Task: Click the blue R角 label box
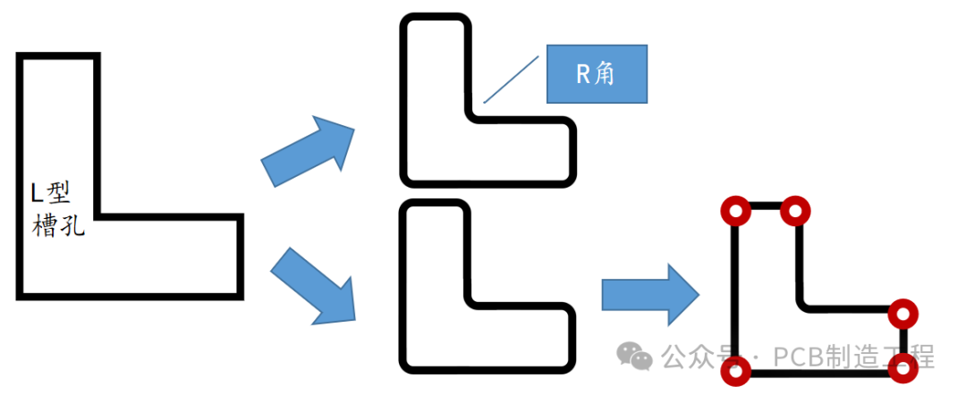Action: [x=597, y=73]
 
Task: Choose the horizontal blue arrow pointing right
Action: [x=649, y=294]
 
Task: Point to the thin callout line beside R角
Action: [x=511, y=80]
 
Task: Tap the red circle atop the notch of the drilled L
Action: [x=794, y=211]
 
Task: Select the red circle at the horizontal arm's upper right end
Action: [x=903, y=314]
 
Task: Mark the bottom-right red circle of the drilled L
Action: [x=904, y=366]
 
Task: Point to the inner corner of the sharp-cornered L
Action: [x=96, y=215]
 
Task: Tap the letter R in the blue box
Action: [x=582, y=73]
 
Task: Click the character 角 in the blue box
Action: [x=605, y=73]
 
